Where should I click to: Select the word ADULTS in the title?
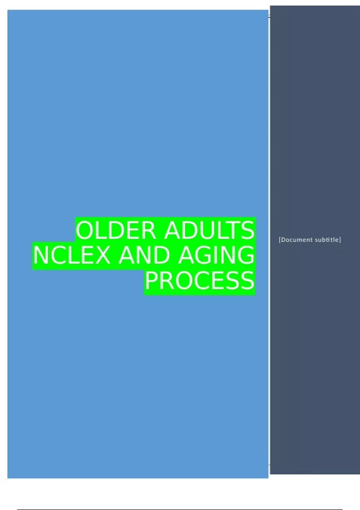209,230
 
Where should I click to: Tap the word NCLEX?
71,255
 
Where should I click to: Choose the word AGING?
216,255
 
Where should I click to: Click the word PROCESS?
199,280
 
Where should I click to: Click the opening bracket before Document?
280,240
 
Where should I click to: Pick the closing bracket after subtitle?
340,240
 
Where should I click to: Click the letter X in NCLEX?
102,255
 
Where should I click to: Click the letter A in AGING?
186,255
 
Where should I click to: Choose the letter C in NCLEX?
58,255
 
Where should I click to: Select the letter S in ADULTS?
247,230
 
